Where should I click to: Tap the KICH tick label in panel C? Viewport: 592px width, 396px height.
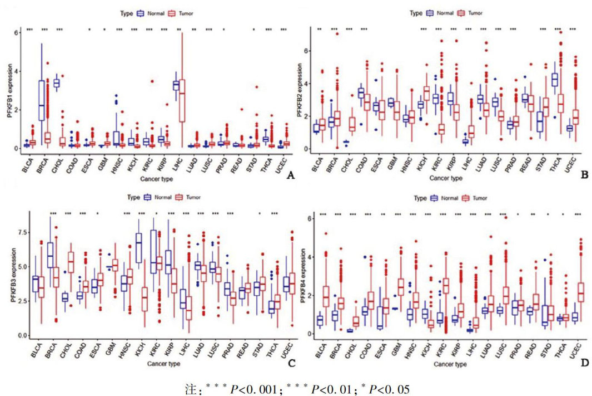tap(141, 351)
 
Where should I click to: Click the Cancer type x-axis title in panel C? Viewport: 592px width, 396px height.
tap(156, 364)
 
